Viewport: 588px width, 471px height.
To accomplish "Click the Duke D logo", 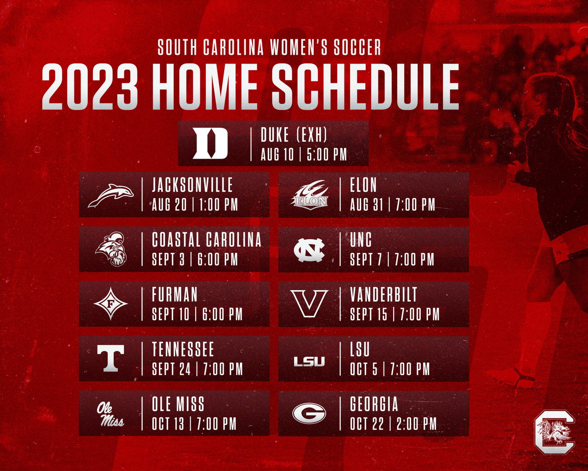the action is pos(210,143).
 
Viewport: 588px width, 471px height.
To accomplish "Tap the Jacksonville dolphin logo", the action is pos(111,195).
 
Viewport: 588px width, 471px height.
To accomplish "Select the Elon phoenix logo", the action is pos(309,195).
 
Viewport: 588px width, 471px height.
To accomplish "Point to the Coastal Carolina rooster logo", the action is pos(111,249).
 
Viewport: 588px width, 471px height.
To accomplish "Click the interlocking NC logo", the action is pos(309,250).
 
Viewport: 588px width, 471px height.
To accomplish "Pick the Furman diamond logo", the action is pos(111,304).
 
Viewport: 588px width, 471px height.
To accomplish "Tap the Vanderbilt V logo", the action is pos(309,304).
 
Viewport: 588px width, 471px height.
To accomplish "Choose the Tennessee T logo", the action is pos(111,358).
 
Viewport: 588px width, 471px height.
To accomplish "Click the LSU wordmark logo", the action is pos(309,361).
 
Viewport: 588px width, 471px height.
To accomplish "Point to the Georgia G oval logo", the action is pos(309,413).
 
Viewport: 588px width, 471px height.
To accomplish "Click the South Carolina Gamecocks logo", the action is pos(554,432).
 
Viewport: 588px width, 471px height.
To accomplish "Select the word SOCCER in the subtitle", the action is pos(357,47).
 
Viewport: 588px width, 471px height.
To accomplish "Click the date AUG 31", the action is pos(367,204).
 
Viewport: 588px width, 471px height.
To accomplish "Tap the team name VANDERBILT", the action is pos(384,294).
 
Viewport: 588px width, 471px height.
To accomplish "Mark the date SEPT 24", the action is pos(171,368).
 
